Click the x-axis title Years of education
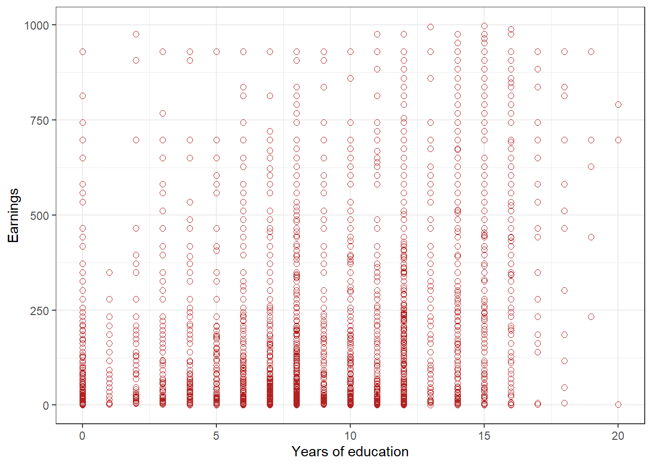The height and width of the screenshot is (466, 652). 350,451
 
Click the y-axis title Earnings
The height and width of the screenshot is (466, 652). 13,215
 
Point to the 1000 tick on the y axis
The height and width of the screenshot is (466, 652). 36,25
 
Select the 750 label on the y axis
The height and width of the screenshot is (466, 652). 40,120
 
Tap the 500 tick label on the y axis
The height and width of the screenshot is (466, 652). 40,216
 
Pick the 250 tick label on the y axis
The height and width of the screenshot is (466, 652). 40,311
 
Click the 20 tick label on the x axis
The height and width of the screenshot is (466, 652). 618,436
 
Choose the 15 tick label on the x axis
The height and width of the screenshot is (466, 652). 484,436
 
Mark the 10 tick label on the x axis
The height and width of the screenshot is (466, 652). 350,436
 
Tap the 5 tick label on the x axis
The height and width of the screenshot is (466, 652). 216,436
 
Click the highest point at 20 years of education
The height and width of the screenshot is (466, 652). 618,104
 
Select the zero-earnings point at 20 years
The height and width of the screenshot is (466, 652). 618,404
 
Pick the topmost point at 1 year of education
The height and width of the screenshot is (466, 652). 109,272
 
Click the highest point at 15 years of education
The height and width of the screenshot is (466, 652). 484,26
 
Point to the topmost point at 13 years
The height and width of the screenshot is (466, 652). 430,27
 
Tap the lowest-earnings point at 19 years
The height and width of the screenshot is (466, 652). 591,316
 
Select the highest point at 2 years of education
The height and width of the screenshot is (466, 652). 136,34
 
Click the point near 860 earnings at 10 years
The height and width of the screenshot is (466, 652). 350,78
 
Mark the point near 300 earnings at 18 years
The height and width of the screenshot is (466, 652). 564,290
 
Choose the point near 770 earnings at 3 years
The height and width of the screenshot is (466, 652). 163,113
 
